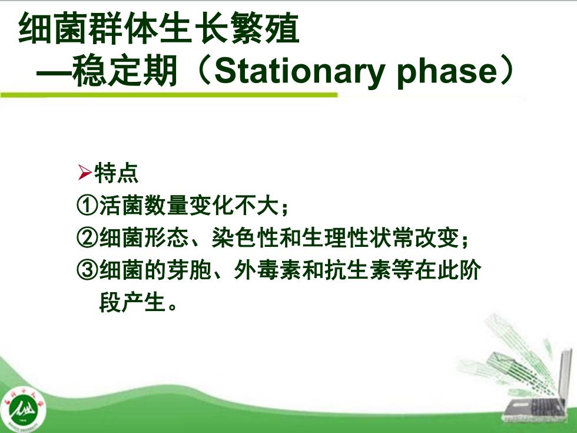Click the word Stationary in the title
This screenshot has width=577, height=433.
click(299, 71)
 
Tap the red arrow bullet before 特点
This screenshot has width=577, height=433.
click(85, 173)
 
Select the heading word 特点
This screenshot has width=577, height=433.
click(117, 173)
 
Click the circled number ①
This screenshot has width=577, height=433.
click(87, 206)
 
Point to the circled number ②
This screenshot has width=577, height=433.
click(87, 238)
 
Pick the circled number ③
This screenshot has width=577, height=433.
click(87, 270)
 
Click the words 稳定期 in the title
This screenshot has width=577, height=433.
click(125, 71)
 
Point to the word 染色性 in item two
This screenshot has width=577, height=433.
click(244, 238)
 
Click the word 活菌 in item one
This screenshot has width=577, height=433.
click(121, 206)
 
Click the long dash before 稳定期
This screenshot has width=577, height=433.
click(54, 71)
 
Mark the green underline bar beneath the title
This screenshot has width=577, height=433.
click(169, 95)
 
